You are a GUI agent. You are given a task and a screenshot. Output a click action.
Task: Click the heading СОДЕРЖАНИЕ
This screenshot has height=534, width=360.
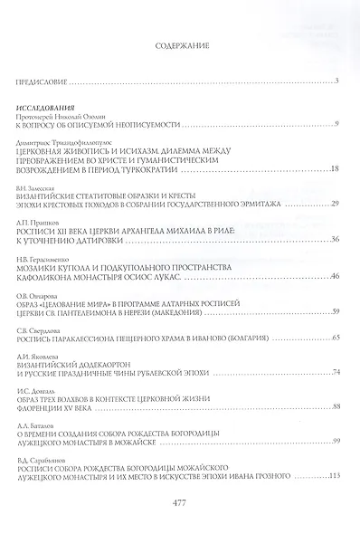(180, 43)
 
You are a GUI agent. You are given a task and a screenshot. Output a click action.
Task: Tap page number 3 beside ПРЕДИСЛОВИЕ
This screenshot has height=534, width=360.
(335, 82)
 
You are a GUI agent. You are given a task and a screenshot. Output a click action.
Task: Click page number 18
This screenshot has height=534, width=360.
(334, 169)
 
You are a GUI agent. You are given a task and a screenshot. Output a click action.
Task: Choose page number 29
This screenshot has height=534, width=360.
(334, 205)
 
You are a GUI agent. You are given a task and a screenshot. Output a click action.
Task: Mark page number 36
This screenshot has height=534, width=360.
(334, 240)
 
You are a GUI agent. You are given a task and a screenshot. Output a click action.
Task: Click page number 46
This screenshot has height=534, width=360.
(334, 276)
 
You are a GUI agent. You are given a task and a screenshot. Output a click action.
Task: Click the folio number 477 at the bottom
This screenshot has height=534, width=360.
(179, 505)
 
